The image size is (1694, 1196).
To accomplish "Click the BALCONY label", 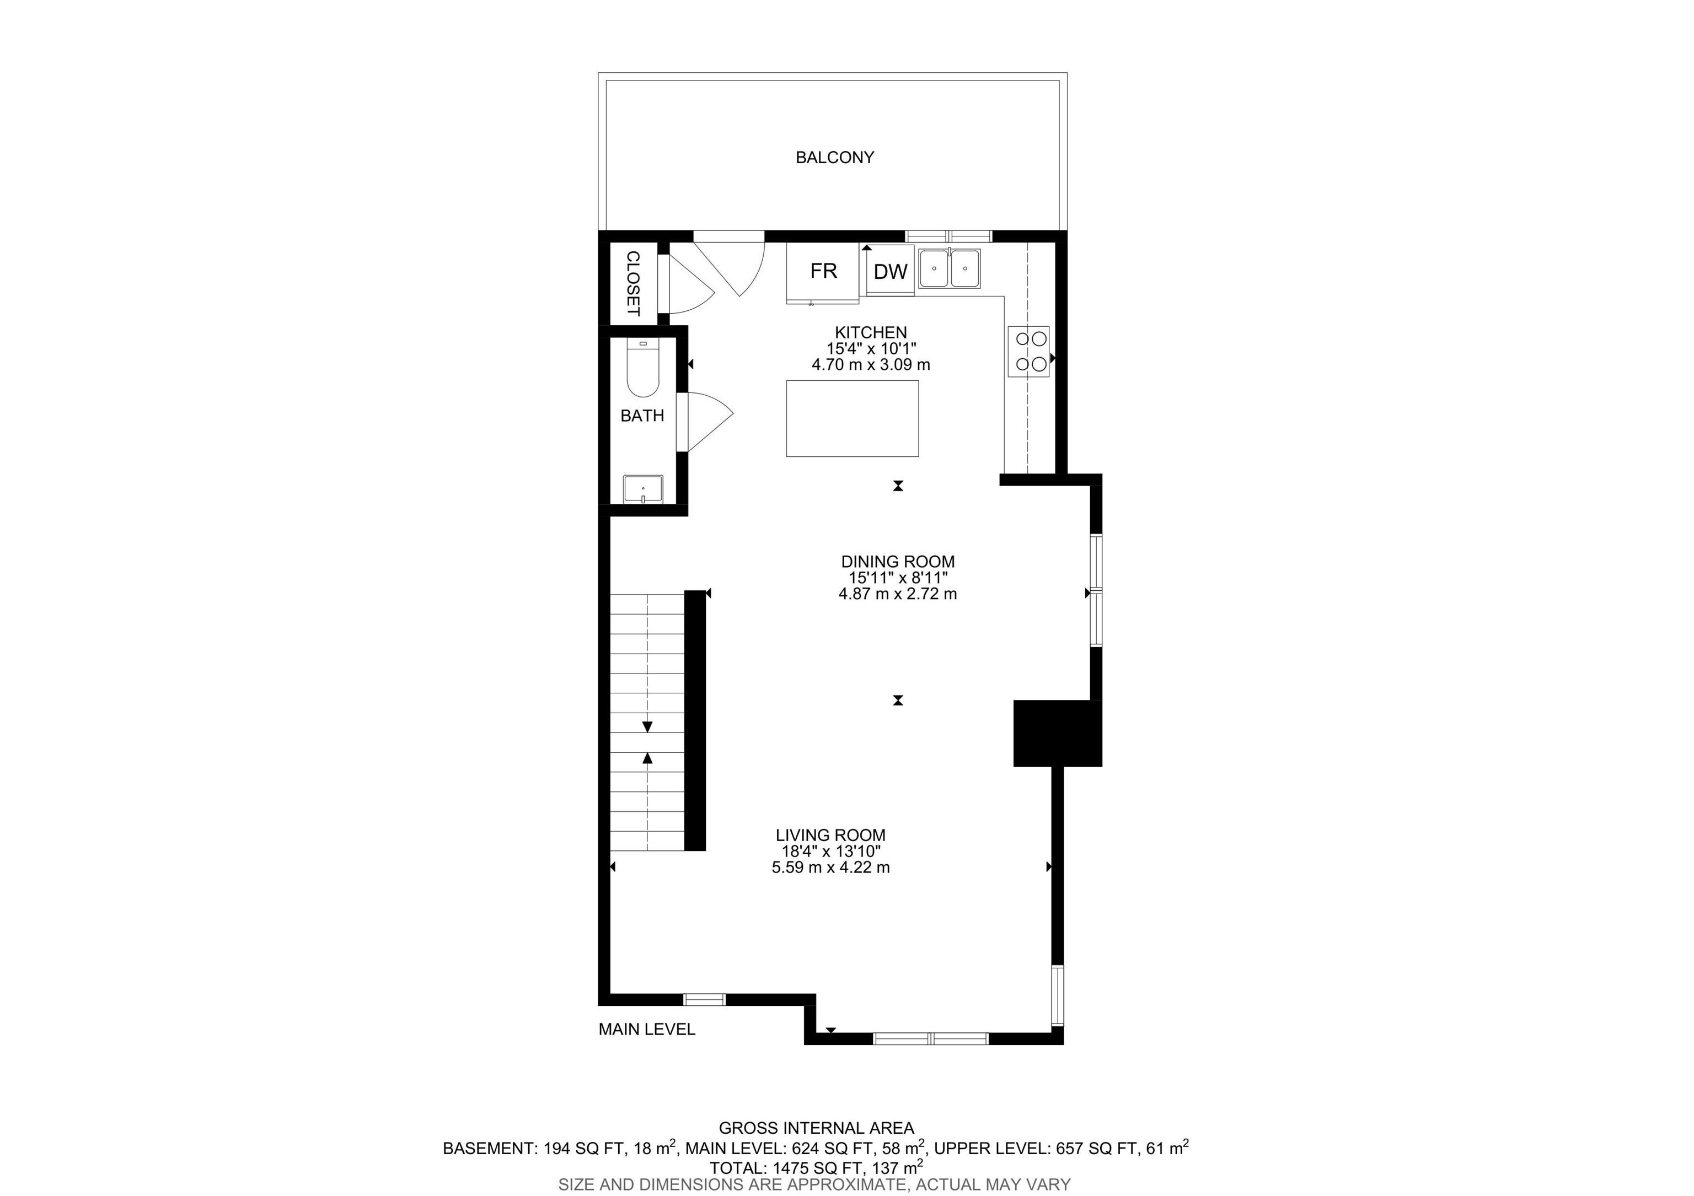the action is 834,157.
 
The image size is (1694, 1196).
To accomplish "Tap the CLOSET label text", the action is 633,283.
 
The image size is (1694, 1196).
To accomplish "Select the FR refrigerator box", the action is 823,272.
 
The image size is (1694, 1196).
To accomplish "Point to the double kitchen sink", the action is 950,268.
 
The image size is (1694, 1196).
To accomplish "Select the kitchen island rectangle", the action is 852,418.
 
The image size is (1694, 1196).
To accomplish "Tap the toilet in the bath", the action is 642,368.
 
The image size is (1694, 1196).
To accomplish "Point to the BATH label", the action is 642,416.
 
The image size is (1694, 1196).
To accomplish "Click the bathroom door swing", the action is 705,421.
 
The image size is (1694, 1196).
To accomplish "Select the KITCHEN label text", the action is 871,332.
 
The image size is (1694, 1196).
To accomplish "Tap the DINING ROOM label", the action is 898,562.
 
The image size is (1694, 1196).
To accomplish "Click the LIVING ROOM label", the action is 831,836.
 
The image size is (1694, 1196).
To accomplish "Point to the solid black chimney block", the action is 1057,734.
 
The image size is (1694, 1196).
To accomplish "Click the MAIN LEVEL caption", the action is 647,1030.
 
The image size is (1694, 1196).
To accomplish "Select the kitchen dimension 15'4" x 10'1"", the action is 871,349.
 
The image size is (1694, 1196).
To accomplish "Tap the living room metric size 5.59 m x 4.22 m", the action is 831,868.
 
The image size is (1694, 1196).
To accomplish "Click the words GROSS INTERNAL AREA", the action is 817,1128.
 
